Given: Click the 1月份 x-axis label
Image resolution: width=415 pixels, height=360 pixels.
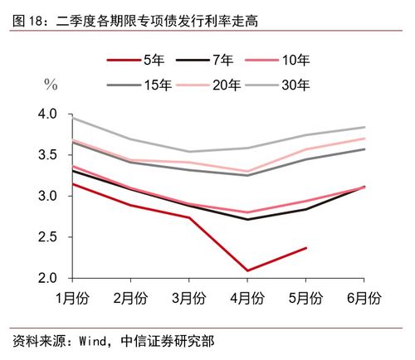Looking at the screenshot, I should click(x=72, y=298).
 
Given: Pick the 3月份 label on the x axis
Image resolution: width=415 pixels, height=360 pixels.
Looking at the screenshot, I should click(x=189, y=298).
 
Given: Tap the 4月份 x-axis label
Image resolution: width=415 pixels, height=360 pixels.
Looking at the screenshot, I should click(x=247, y=298).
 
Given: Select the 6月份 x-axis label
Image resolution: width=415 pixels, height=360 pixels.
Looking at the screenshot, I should click(x=364, y=298).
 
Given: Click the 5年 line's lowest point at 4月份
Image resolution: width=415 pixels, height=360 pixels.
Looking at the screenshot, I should click(x=247, y=270).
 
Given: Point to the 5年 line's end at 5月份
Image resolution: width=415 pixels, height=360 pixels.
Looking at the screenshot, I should click(x=305, y=247).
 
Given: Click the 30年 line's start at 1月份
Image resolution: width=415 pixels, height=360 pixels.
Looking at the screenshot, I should click(x=73, y=119).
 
